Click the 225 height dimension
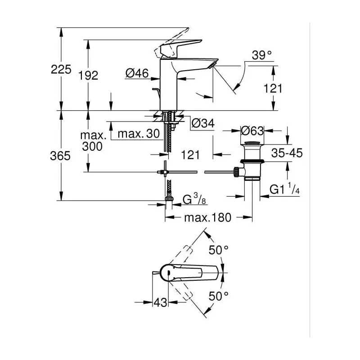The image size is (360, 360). pos(61,69)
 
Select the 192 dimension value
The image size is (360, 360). pos(88,75)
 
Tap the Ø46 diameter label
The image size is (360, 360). pos(137,73)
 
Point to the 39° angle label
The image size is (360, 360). pos(262,55)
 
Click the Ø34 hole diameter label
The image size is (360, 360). pos(203,123)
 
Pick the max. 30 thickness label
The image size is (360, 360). pos(139,133)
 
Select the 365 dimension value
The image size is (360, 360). pos(60,156)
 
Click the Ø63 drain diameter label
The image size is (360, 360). pos(252,131)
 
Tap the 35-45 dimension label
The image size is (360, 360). pos(287,153)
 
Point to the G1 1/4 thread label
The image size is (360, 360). pos(284,189)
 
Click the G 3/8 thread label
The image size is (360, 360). pos(194,199)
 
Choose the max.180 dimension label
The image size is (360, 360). pos(207,217)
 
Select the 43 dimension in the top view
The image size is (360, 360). pos(160,302)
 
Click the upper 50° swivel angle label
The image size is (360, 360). pos(218,250)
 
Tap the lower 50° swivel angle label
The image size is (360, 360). pos(218,296)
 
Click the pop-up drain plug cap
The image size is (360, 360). pos(252,144)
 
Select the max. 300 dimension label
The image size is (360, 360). pos(93,141)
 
